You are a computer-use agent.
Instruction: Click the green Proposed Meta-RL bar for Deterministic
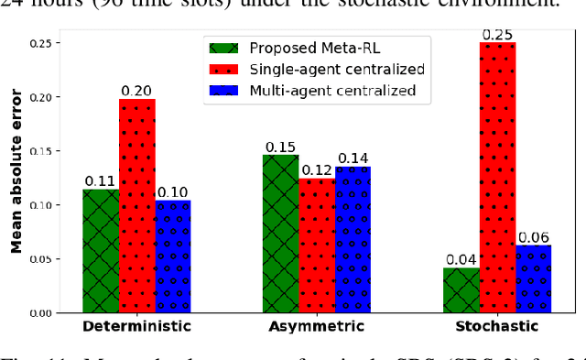click(102, 251)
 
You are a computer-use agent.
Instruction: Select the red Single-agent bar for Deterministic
click(136, 206)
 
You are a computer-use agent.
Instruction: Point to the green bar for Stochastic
click(461, 290)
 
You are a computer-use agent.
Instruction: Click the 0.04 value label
click(461, 258)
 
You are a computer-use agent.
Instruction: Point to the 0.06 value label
click(533, 236)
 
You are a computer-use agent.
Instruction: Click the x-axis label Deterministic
click(136, 326)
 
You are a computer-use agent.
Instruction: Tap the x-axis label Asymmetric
click(317, 326)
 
